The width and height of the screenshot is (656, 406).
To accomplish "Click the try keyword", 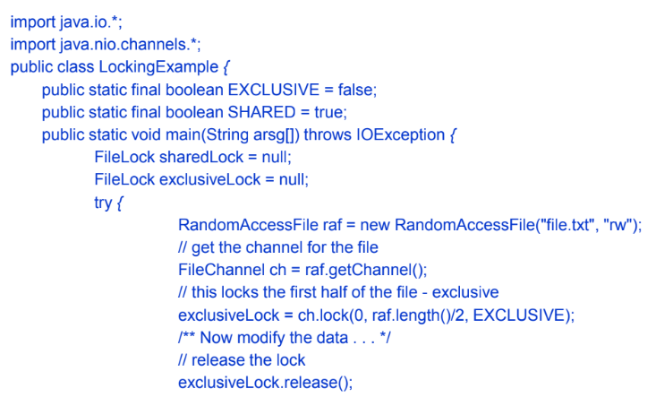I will [103, 203].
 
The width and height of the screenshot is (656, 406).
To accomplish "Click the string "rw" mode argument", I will [619, 225].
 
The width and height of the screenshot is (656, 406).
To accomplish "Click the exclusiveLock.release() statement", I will [266, 382].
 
